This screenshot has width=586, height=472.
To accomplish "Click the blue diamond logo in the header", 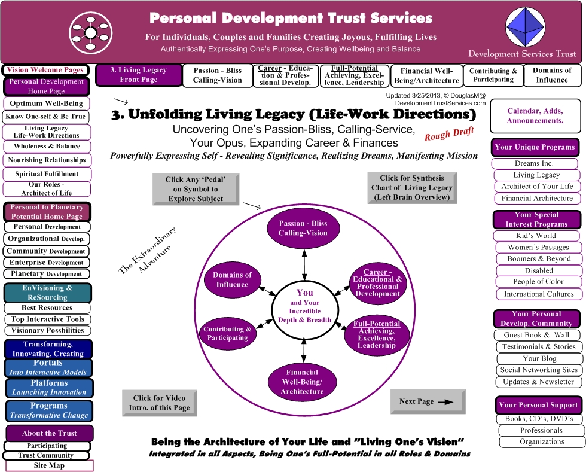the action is click(526, 28).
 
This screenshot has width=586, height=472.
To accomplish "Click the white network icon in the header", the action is click(90, 33).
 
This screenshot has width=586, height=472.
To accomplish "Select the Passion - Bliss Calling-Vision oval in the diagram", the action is click(303, 228).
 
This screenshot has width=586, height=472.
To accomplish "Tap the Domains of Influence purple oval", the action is click(232, 280).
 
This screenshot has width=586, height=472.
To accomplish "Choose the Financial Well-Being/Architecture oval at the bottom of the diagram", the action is click(303, 382).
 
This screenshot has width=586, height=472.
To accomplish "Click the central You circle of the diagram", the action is click(304, 306).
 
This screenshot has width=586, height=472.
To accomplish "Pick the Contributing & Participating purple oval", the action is click(228, 333).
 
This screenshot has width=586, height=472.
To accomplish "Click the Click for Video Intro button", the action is click(160, 403).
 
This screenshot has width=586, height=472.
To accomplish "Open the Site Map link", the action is click(49, 465).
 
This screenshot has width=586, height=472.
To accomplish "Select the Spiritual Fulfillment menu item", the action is click(47, 174).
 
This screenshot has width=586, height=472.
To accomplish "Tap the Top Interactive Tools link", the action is click(47, 319).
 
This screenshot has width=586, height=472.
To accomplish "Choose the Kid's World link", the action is click(536, 236).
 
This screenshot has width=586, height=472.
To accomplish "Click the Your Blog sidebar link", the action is click(539, 358).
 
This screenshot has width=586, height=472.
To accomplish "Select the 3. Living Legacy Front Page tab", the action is click(139, 75).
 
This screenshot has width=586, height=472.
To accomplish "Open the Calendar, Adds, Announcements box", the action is click(535, 116).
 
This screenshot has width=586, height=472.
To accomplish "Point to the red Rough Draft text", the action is click(449, 133).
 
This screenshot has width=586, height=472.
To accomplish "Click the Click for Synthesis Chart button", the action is click(412, 188).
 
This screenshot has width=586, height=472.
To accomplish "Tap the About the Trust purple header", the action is click(49, 433).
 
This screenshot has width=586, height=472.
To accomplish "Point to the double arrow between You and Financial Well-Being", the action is click(304, 350).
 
